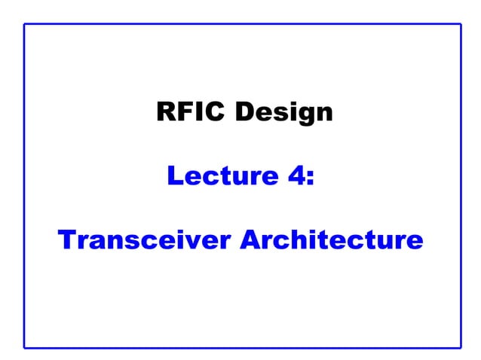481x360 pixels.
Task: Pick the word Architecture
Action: tap(332, 240)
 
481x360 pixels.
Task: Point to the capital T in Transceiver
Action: tap(66, 240)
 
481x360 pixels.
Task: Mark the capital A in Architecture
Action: tap(250, 240)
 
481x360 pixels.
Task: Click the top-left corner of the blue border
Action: tap(24, 24)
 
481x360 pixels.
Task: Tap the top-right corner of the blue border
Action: tap(460, 24)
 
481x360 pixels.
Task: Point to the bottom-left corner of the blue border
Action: tap(24, 347)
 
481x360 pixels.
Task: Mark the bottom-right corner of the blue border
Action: tap(460, 347)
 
